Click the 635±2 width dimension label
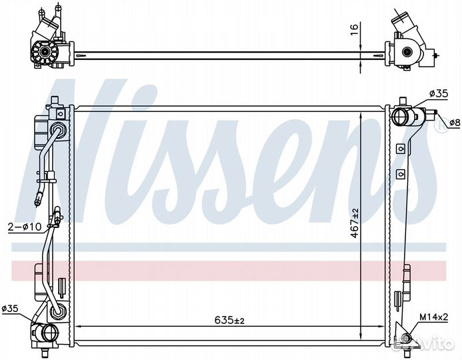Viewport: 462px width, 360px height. click(x=229, y=319)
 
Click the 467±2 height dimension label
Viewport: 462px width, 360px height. click(x=355, y=223)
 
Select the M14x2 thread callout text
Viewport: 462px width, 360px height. click(x=434, y=317)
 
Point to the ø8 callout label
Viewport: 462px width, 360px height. click(x=455, y=122)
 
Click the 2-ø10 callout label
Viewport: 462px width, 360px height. click(x=25, y=227)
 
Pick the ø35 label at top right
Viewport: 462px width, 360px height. click(x=439, y=94)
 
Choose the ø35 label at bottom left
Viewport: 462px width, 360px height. click(x=10, y=309)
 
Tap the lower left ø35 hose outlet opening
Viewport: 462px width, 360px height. click(x=49, y=333)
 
